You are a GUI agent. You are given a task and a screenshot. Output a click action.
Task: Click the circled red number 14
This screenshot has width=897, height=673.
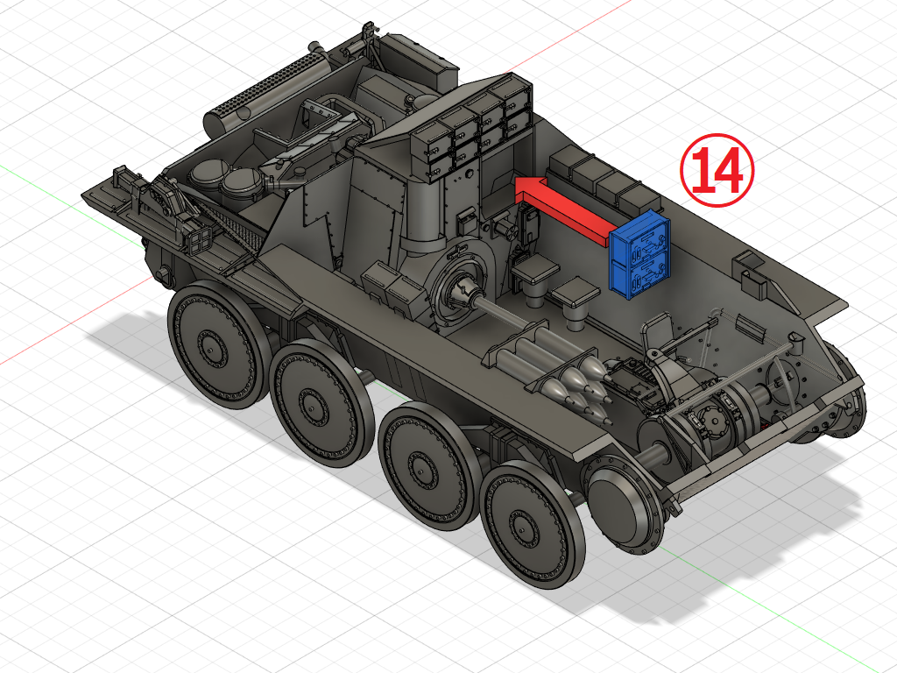coord(717,170)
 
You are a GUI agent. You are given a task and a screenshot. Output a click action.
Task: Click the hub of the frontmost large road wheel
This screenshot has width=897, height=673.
coord(526,524)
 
